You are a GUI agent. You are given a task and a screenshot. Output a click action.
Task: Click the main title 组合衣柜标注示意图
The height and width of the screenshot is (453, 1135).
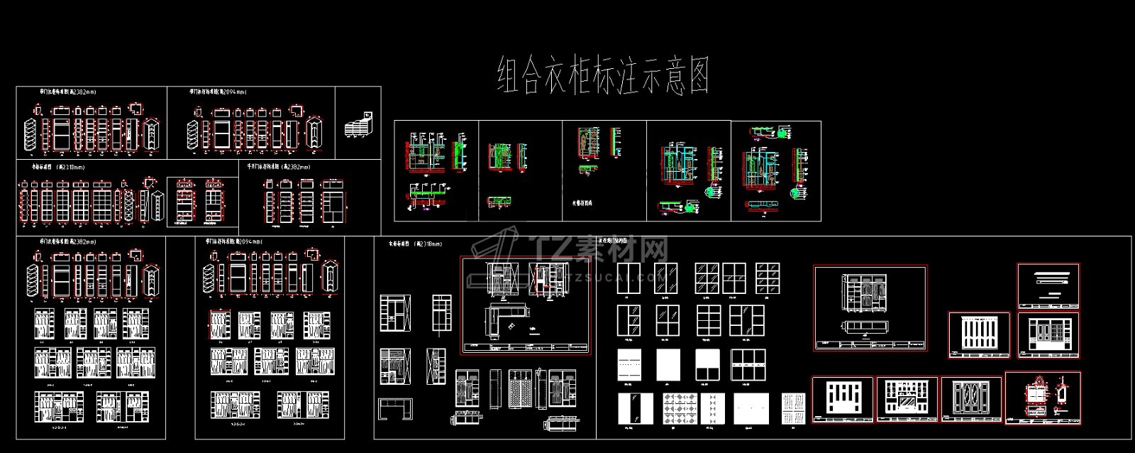point(603,76)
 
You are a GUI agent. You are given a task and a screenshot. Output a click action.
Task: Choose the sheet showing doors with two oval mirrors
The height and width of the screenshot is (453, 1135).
point(971,400)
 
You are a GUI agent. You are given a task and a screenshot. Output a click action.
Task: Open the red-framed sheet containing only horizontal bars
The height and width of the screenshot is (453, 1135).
point(1048,285)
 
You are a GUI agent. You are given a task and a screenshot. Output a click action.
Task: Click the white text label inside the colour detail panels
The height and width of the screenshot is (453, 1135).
point(582,203)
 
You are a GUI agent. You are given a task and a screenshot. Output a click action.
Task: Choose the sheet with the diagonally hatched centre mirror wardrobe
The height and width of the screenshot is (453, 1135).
point(907,400)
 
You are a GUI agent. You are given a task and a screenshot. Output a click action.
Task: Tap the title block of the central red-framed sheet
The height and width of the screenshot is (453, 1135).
point(525,348)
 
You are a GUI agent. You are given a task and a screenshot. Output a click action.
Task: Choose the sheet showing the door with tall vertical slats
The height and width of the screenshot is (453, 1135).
point(979,336)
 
